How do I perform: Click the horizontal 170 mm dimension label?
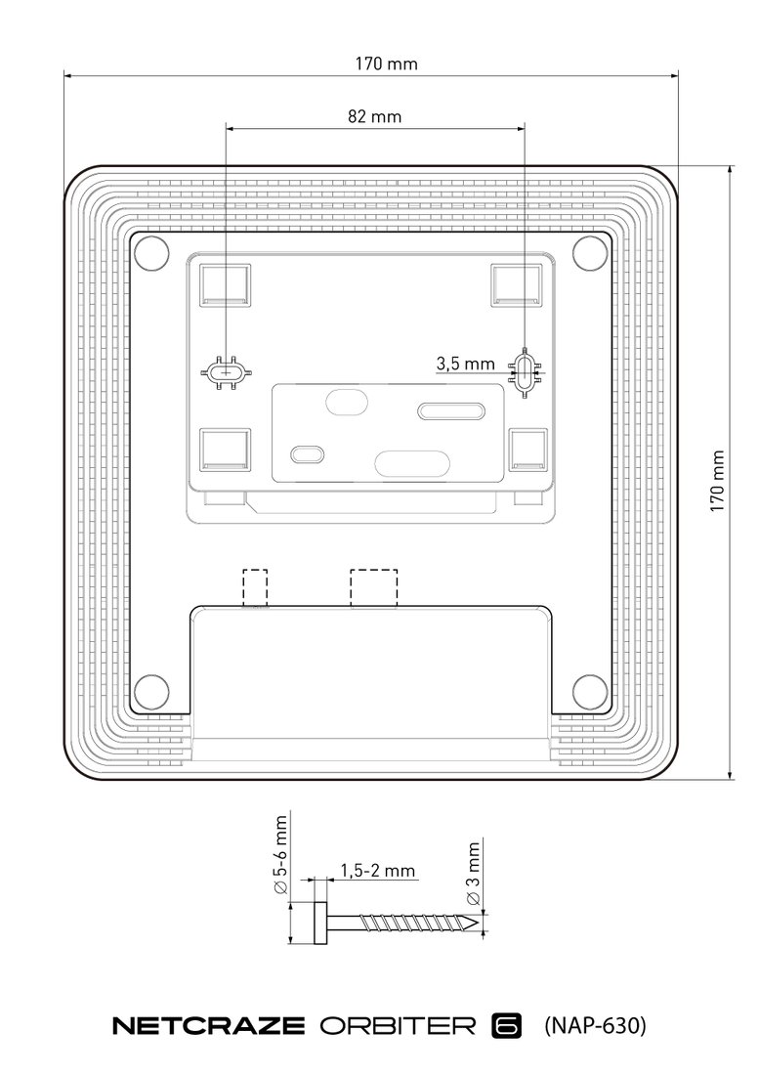386,64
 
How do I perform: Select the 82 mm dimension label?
374,116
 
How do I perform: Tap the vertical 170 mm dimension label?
717,481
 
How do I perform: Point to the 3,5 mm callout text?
465,364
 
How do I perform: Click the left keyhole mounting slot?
227,372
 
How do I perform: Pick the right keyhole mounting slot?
525,372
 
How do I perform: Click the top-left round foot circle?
151,254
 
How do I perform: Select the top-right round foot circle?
590,253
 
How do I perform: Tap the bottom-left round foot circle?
151,691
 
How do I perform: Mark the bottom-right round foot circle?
590,691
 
